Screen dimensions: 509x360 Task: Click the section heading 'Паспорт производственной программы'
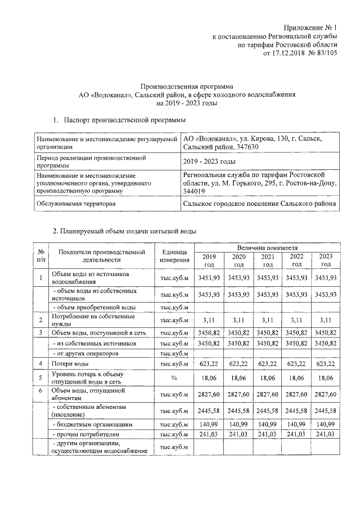tap(120, 120)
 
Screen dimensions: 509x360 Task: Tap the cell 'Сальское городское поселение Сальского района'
tap(259, 203)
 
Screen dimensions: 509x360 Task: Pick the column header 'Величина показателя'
tap(267, 247)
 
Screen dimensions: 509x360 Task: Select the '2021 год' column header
tap(268, 260)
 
